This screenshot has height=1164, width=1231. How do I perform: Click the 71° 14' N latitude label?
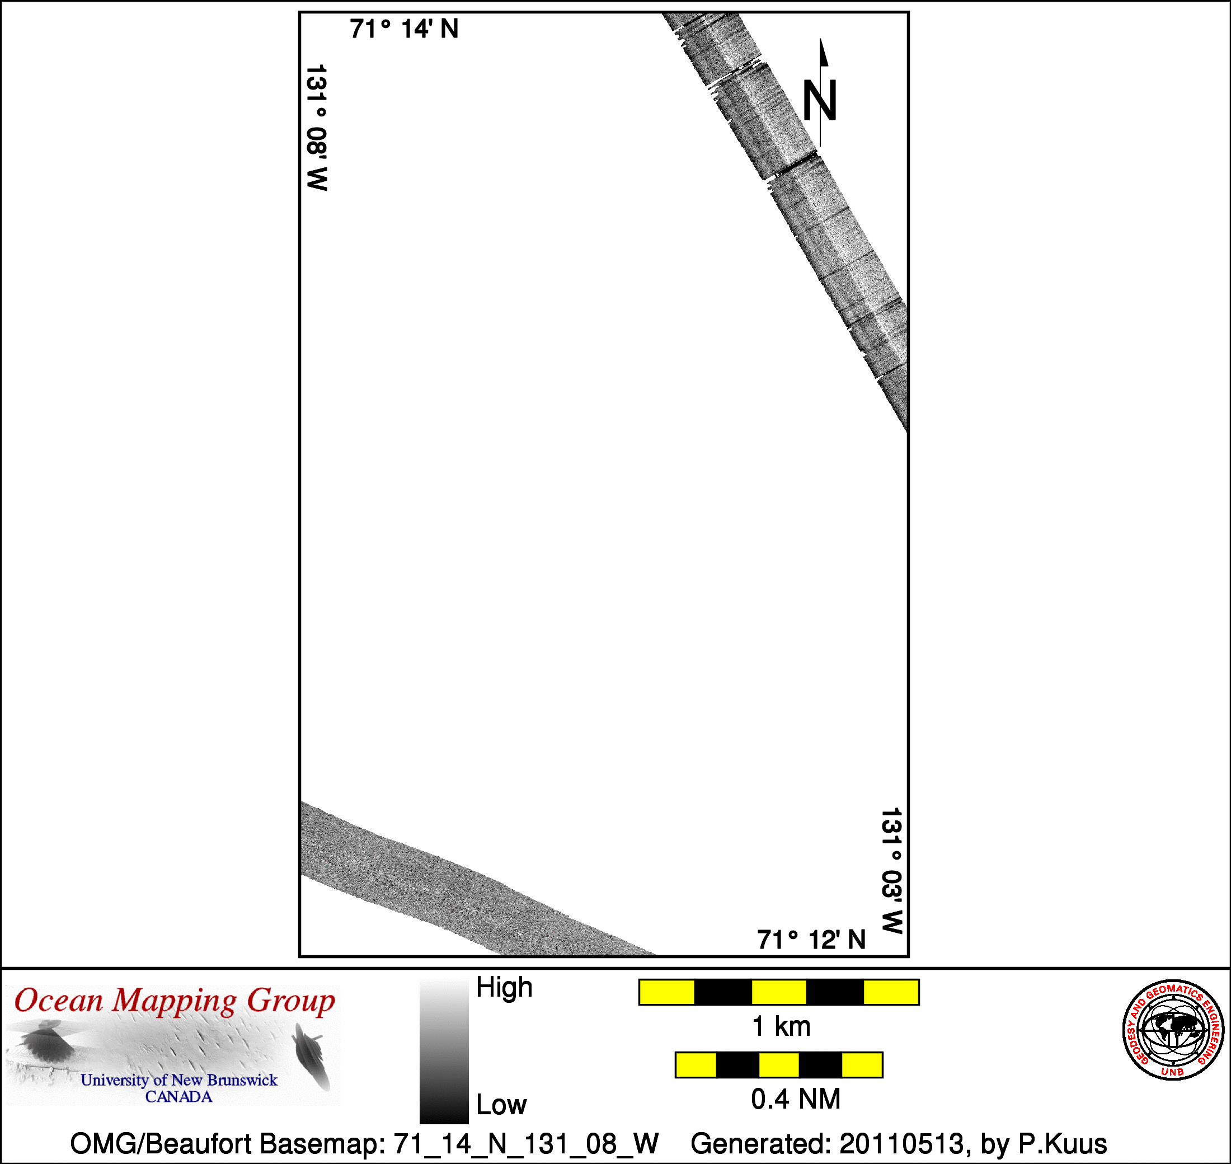(x=404, y=29)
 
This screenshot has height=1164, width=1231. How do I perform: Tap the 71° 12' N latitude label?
(x=811, y=940)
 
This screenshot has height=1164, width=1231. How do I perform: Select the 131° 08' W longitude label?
(x=317, y=127)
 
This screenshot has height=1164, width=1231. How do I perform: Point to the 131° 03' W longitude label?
(x=891, y=871)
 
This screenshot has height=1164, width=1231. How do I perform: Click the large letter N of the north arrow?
(x=820, y=100)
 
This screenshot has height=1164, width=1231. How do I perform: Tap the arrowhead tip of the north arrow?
(x=821, y=39)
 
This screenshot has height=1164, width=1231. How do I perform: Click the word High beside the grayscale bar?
(x=504, y=987)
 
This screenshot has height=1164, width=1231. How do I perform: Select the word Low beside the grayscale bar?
(x=501, y=1105)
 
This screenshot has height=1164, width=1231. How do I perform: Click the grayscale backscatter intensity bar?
(x=444, y=1051)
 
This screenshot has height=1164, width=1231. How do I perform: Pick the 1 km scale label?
(x=781, y=1027)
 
